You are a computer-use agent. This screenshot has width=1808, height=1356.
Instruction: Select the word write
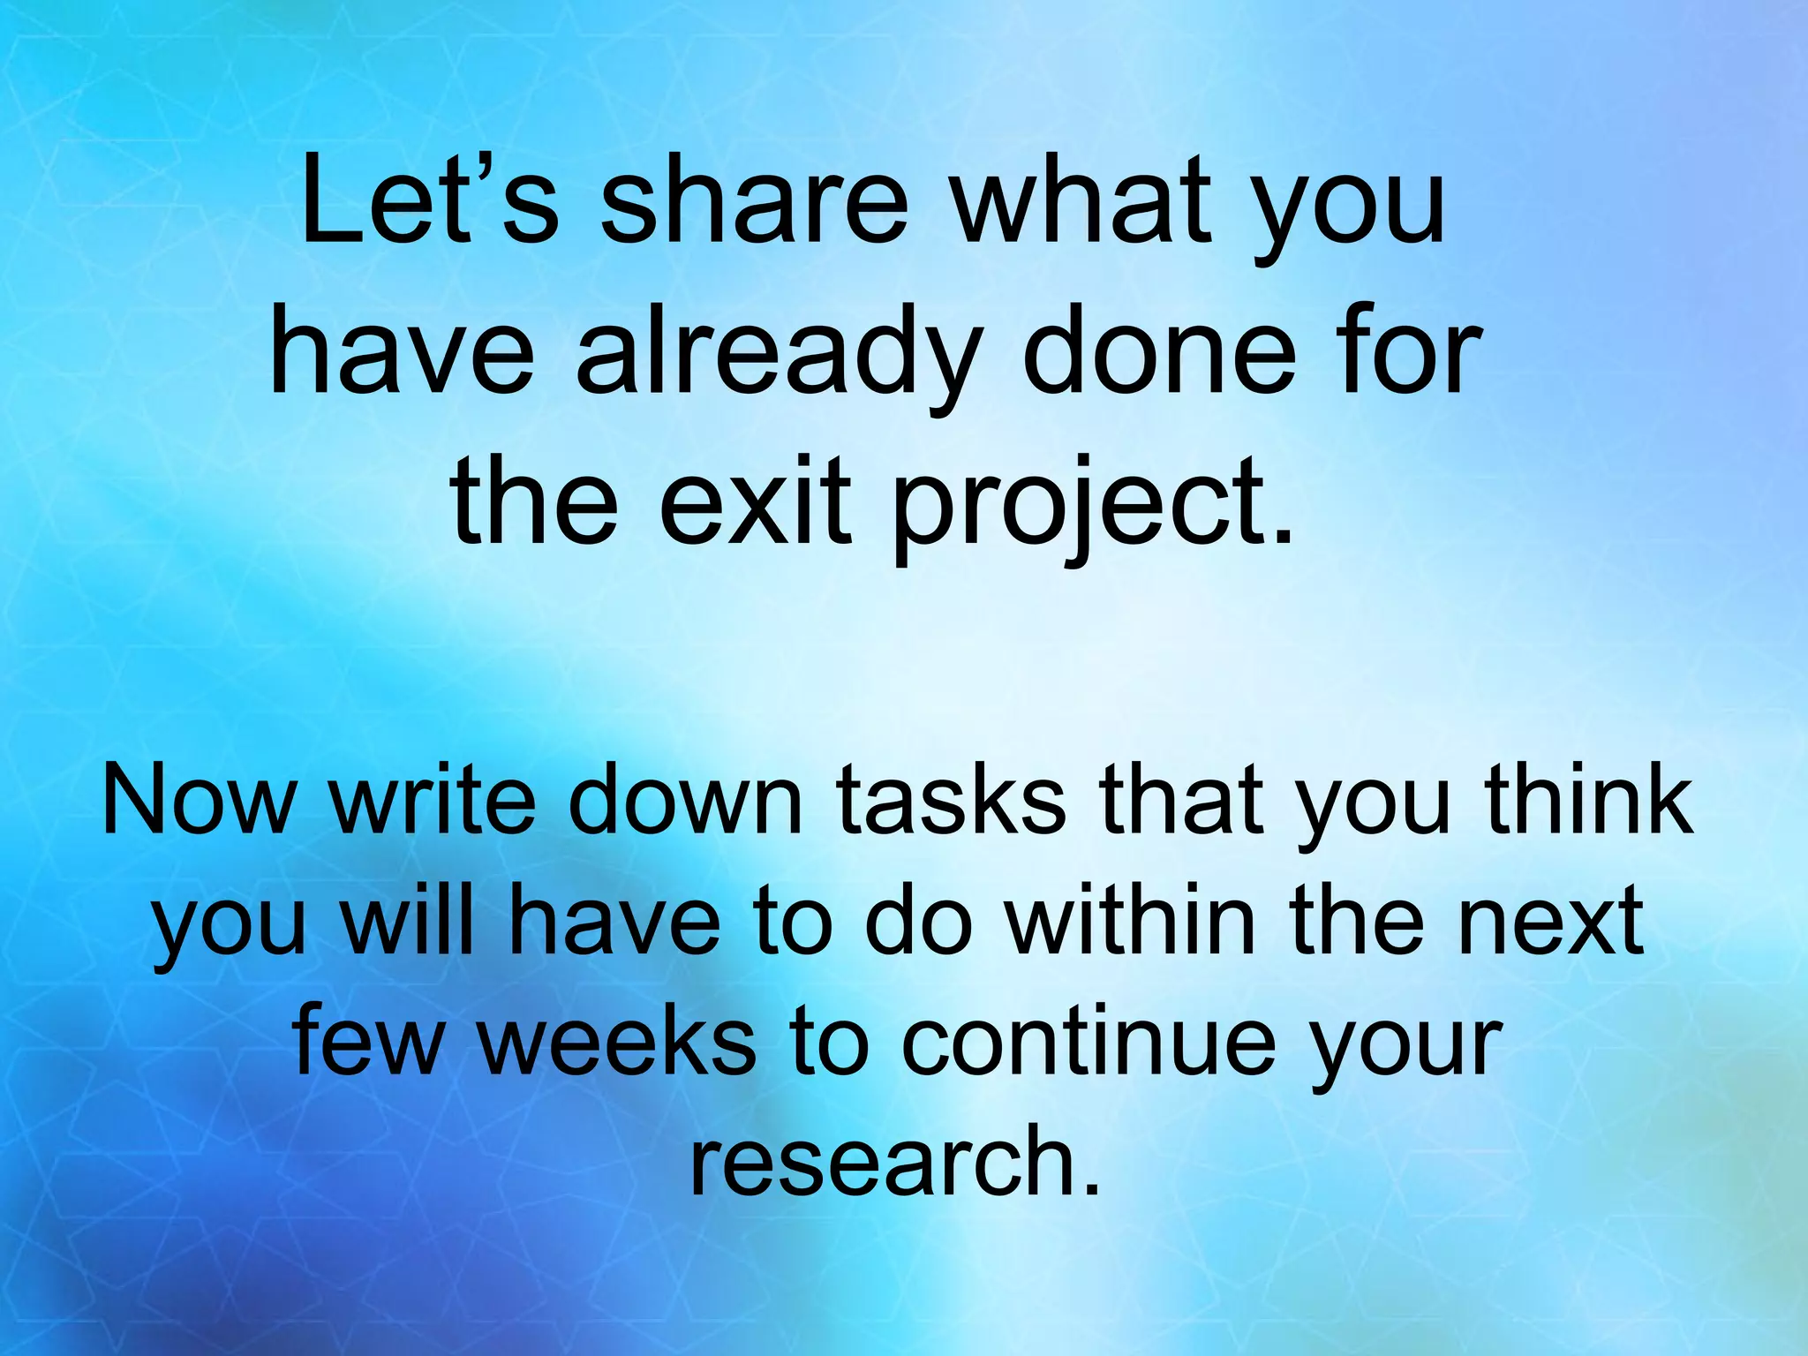tap(433, 800)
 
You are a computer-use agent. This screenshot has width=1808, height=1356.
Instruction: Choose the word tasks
tap(950, 800)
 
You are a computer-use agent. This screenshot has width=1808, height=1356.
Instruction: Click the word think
tap(1589, 800)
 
